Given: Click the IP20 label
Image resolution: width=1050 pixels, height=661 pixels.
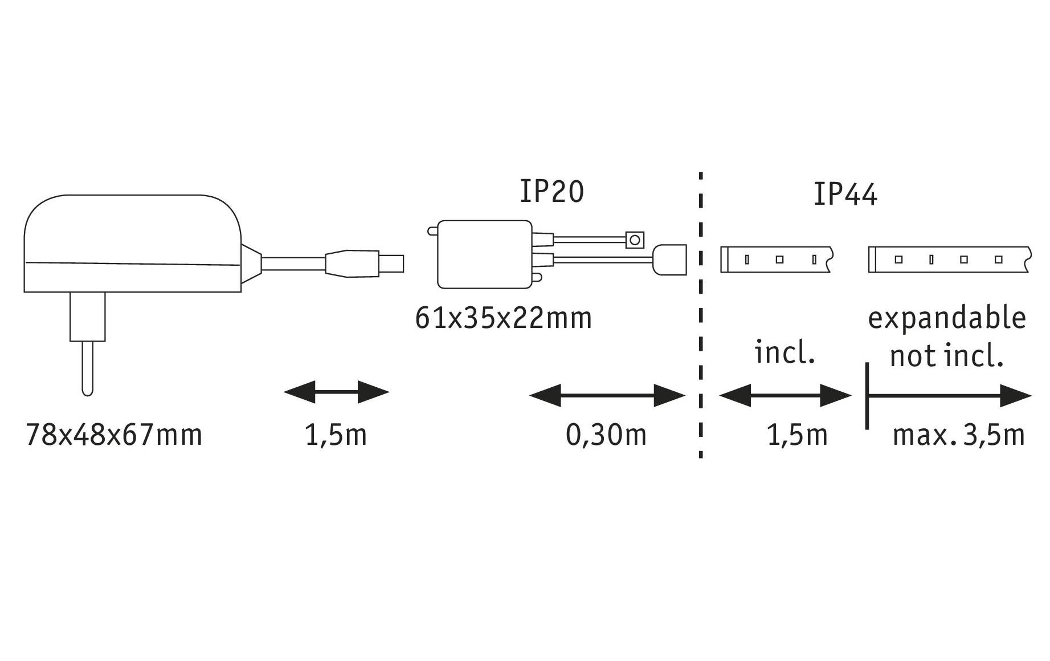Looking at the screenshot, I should (551, 192).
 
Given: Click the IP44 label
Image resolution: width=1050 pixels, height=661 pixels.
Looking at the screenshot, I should (845, 194).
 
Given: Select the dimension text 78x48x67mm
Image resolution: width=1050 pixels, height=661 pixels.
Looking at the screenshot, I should (114, 435).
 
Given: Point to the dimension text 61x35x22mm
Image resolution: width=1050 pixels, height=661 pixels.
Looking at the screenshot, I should (504, 318).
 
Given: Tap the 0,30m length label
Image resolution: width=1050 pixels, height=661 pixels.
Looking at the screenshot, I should (606, 435).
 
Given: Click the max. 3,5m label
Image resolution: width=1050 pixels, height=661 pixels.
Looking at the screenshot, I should (958, 435).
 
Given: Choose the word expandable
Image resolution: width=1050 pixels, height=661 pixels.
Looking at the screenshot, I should (946, 318).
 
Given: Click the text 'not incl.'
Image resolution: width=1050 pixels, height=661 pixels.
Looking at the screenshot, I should (946, 356).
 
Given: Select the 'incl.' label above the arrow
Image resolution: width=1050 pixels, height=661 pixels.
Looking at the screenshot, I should (785, 353).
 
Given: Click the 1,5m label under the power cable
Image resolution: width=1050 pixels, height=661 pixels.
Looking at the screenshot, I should (336, 435).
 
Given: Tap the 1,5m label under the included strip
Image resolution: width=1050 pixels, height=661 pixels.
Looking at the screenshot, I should (797, 435).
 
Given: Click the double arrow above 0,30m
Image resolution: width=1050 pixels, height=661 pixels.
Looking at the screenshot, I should (607, 395).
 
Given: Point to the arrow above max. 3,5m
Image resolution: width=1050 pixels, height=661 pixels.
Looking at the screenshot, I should (949, 395).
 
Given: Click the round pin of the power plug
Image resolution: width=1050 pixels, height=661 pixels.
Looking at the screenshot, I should (87, 368).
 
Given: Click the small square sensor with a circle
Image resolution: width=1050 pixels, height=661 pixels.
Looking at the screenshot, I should (634, 240).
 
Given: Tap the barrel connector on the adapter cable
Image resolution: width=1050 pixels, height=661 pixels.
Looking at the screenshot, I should (365, 263).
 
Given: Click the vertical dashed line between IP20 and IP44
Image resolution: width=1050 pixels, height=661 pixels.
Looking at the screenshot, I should (700, 314).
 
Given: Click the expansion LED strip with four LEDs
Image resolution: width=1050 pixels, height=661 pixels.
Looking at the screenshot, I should (949, 259).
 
